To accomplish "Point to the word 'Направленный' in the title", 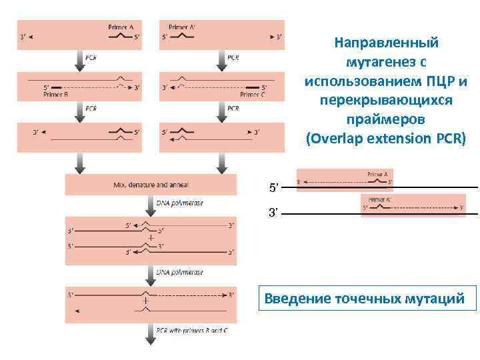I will click(386, 43).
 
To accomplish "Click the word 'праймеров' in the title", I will click(386, 121).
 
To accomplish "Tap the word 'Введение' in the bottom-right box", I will click(296, 298).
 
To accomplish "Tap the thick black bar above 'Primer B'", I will click(57, 87).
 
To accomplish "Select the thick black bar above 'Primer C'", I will click(253, 87).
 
